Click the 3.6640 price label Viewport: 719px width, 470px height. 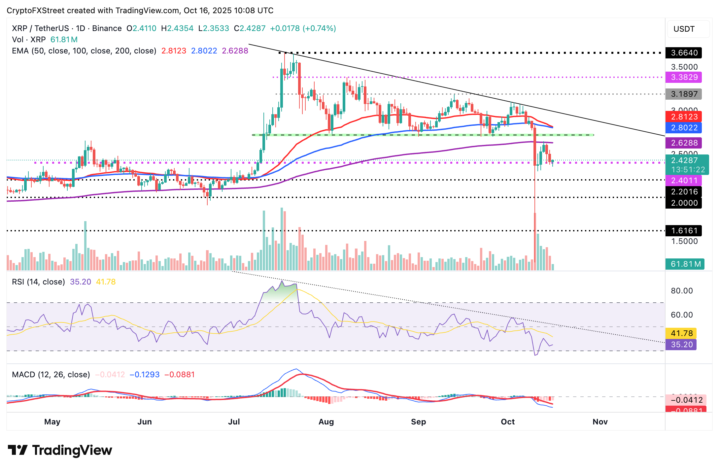(683, 53)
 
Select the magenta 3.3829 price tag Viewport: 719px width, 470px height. (683, 77)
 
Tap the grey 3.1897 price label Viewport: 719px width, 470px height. (683, 94)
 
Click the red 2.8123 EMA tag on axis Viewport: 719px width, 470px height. (683, 117)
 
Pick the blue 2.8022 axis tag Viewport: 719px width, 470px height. (683, 128)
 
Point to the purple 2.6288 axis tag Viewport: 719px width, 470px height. (683, 143)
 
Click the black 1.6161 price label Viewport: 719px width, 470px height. (683, 231)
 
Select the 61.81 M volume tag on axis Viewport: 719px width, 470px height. (685, 264)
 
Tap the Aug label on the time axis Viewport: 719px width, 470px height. (326, 422)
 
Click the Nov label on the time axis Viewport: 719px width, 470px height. (600, 422)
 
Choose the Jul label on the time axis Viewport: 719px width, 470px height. (234, 422)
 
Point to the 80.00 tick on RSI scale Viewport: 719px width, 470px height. (681, 291)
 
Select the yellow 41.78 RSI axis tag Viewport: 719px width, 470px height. (681, 333)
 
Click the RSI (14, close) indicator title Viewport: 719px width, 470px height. (38, 282)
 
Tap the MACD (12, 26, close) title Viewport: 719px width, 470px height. (51, 375)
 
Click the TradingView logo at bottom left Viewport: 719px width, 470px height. (60, 450)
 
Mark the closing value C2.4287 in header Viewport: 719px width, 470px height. (250, 28)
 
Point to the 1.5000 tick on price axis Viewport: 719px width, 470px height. (684, 241)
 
